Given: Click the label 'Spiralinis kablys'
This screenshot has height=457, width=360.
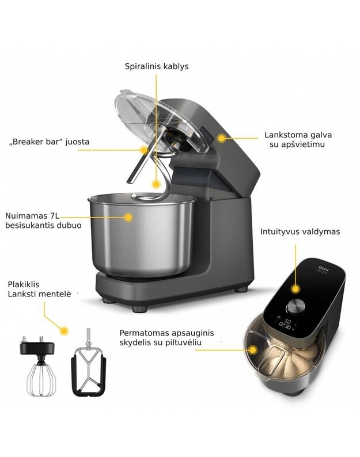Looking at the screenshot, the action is [x=157, y=66].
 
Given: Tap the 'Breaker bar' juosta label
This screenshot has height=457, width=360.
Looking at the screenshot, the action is [x=50, y=142].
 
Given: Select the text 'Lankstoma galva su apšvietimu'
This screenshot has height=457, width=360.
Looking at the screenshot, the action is [x=298, y=140].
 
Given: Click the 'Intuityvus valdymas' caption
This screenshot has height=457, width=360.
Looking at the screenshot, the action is [x=300, y=232].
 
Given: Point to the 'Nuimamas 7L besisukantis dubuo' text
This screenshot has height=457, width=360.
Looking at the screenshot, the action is [x=43, y=220].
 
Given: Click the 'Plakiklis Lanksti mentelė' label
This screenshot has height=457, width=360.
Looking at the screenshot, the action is [x=39, y=289].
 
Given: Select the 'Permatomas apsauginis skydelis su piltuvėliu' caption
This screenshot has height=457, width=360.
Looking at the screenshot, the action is [x=166, y=337].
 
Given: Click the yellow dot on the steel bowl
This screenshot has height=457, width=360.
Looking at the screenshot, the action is [x=128, y=217].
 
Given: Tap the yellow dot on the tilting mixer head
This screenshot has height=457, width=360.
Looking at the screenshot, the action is [x=222, y=138].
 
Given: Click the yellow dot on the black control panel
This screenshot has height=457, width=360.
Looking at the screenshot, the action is [x=295, y=289].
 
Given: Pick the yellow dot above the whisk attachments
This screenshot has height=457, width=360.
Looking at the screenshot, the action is [x=64, y=330].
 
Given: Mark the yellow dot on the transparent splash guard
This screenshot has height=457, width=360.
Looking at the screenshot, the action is [x=253, y=350].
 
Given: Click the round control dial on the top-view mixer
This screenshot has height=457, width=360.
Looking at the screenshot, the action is [x=296, y=306].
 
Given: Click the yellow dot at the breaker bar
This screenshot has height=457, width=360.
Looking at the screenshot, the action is [x=144, y=150].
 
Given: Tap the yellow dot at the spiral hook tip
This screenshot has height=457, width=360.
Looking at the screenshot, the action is [x=156, y=184].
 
